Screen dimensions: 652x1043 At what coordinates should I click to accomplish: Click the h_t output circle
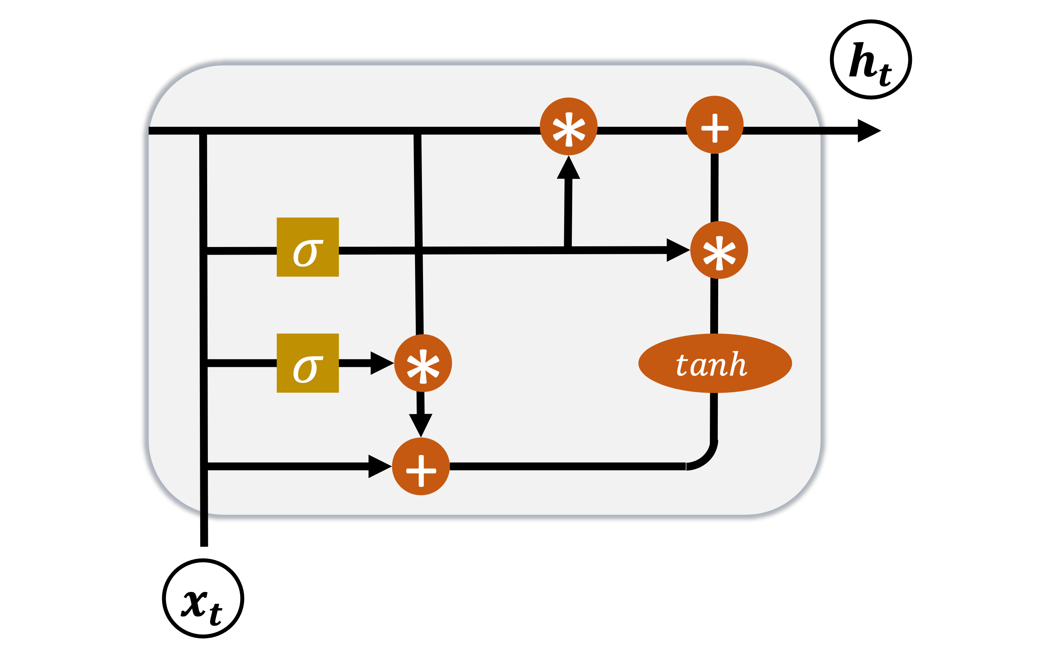click(x=871, y=59)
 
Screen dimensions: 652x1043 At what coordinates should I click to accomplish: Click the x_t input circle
click(x=203, y=598)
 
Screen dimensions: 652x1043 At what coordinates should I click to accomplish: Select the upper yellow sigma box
click(x=308, y=247)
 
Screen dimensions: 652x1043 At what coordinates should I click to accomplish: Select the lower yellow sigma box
click(x=308, y=363)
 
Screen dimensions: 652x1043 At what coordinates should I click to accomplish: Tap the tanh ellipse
click(x=715, y=363)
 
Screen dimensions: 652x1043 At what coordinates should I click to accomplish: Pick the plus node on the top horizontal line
click(x=715, y=125)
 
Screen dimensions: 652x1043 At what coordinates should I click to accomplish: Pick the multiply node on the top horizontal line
click(x=569, y=126)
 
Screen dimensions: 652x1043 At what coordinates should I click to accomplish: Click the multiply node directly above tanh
click(x=719, y=250)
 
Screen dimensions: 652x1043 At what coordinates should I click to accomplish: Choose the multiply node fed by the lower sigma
click(x=423, y=363)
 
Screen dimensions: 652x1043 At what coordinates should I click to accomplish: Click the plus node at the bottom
click(x=421, y=467)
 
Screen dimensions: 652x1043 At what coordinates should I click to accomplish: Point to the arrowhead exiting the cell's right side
click(x=868, y=131)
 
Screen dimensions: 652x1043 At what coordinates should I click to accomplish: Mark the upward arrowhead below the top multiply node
click(x=569, y=168)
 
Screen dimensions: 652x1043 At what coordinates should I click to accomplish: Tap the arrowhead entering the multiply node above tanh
click(x=678, y=250)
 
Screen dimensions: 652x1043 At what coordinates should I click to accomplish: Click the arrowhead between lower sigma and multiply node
click(x=381, y=363)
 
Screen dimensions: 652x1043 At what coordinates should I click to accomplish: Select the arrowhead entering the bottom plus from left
click(x=379, y=467)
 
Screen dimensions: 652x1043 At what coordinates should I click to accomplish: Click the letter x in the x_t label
click(x=195, y=603)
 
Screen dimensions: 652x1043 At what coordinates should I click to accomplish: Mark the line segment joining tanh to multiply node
click(x=714, y=306)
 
